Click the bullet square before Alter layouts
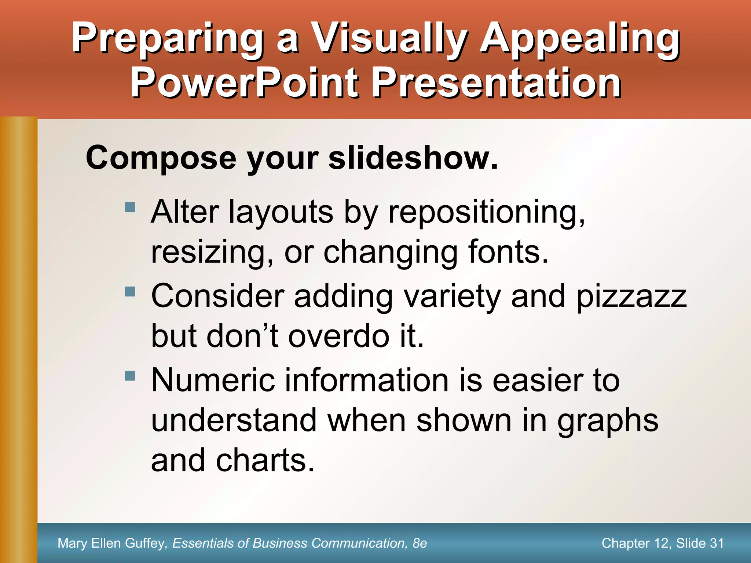(130, 207)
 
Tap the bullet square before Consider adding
(130, 292)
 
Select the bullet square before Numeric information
(130, 376)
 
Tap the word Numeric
(213, 380)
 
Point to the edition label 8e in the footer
(420, 543)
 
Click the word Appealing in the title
(580, 39)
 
